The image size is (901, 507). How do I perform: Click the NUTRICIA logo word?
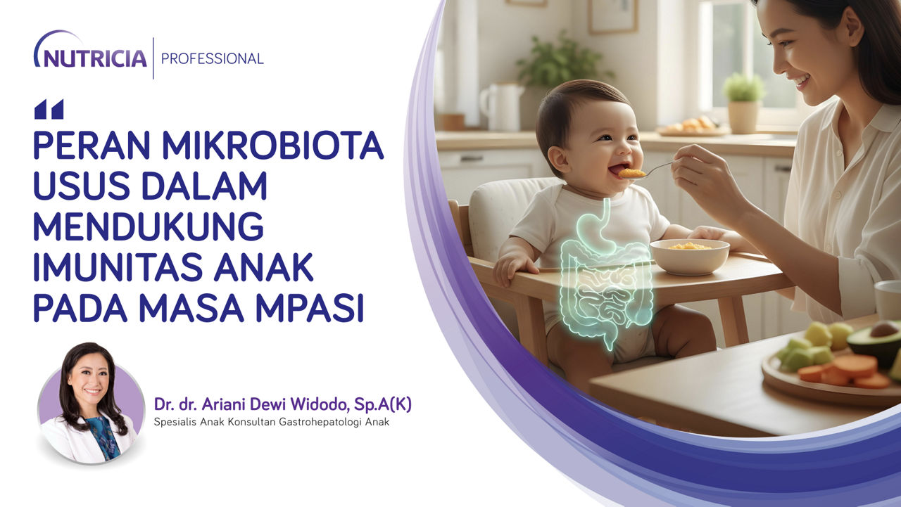click(95, 58)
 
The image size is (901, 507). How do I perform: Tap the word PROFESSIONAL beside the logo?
click(213, 59)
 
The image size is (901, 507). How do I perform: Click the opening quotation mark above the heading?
click(49, 109)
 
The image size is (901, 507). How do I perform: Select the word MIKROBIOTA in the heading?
click(272, 145)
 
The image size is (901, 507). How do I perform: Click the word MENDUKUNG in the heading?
click(149, 227)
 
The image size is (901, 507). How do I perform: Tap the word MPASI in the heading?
click(310, 309)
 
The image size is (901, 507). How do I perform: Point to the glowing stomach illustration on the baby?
click(593, 229)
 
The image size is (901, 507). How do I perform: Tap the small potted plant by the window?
click(743, 103)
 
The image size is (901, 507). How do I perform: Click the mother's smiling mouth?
click(802, 83)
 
